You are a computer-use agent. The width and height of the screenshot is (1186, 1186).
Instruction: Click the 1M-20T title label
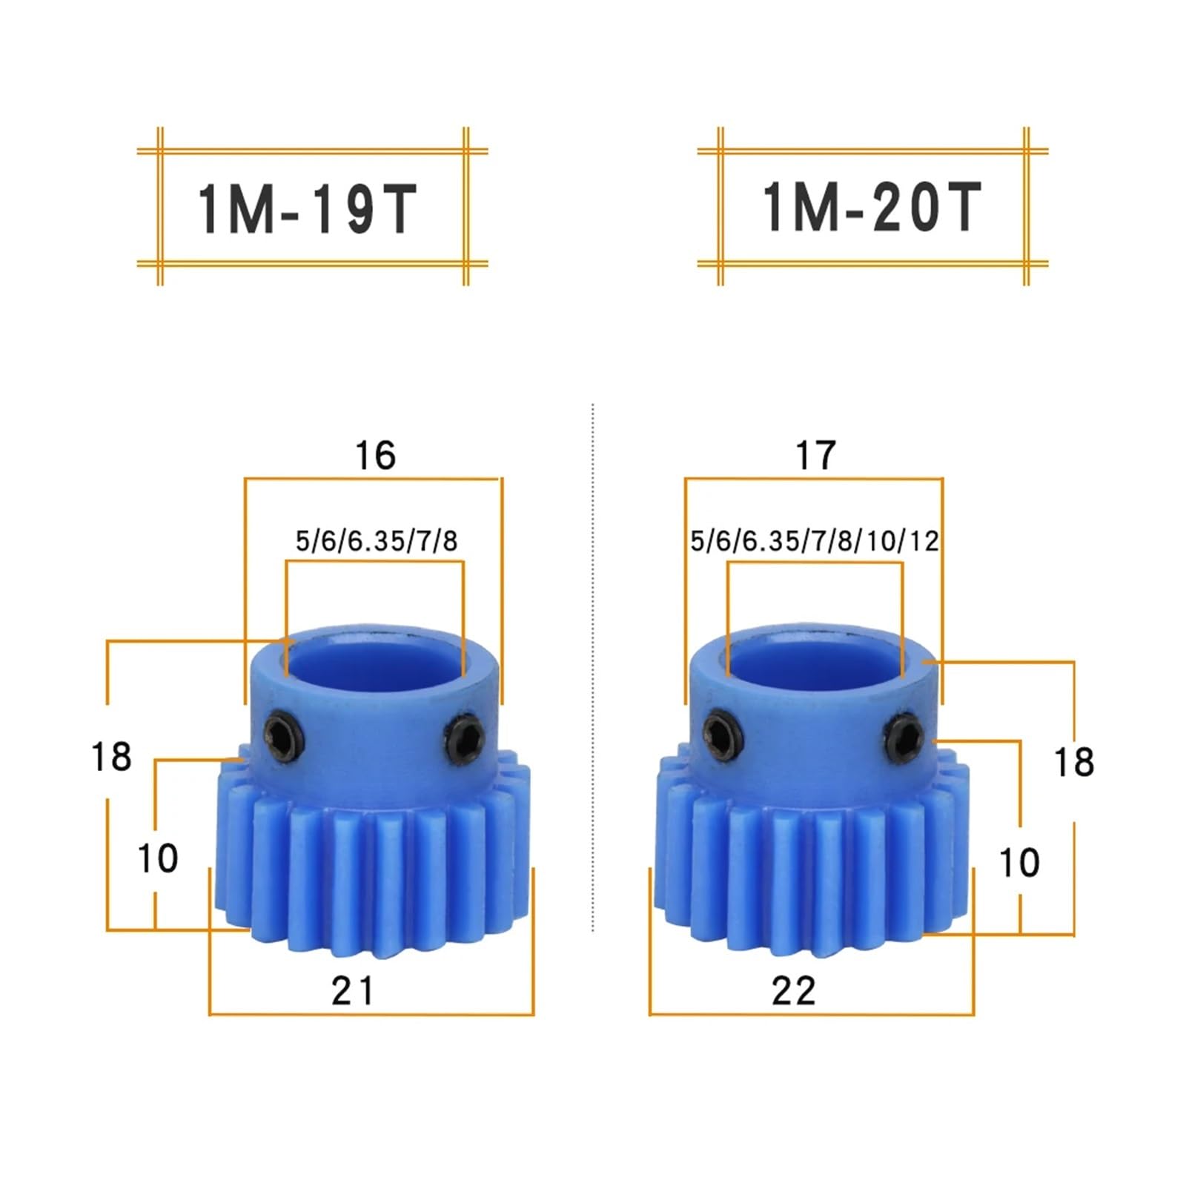[872, 208]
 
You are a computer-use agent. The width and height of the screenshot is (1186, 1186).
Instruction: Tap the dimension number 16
[375, 454]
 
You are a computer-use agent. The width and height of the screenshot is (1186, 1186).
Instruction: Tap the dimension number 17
[815, 454]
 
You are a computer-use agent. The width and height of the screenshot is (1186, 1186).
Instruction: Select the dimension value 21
[353, 990]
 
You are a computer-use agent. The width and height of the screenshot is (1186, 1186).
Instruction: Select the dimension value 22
[793, 990]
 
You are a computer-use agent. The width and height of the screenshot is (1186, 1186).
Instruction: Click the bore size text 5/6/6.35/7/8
[377, 541]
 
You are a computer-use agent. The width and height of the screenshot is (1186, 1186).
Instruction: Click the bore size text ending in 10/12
[814, 541]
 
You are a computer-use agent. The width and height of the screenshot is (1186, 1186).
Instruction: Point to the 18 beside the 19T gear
[111, 757]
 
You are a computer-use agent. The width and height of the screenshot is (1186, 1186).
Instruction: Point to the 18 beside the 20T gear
[1073, 762]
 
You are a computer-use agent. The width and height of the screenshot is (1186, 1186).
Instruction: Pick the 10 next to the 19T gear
[158, 858]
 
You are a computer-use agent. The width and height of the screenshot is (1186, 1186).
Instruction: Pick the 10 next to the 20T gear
[1019, 862]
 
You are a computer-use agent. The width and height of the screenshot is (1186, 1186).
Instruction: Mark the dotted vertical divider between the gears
[593, 667]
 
